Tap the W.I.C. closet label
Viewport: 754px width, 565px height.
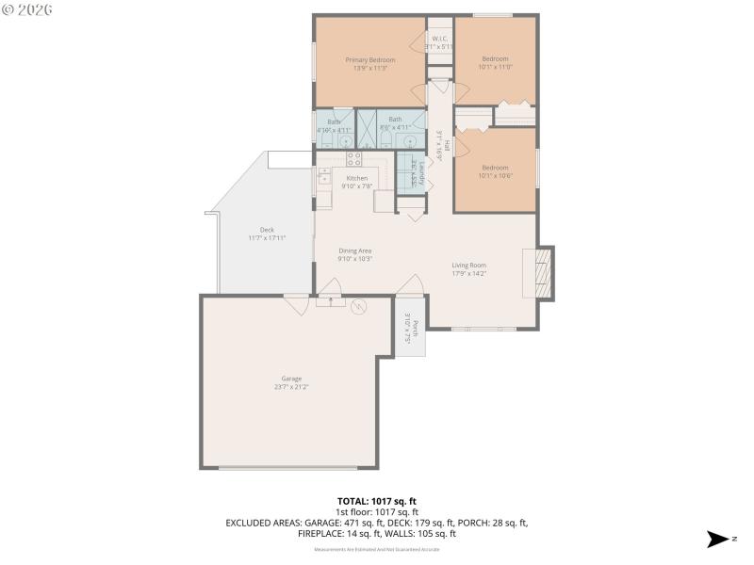441,42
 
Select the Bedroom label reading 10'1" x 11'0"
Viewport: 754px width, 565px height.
495,62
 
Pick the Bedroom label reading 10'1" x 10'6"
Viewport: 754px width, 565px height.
495,170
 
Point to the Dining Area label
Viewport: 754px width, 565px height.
356,254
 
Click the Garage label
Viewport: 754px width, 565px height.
291,382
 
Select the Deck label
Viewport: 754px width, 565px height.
267,234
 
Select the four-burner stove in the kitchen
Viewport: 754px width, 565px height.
354,159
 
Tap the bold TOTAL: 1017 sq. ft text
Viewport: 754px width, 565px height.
376,501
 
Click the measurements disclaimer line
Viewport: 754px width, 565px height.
376,548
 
